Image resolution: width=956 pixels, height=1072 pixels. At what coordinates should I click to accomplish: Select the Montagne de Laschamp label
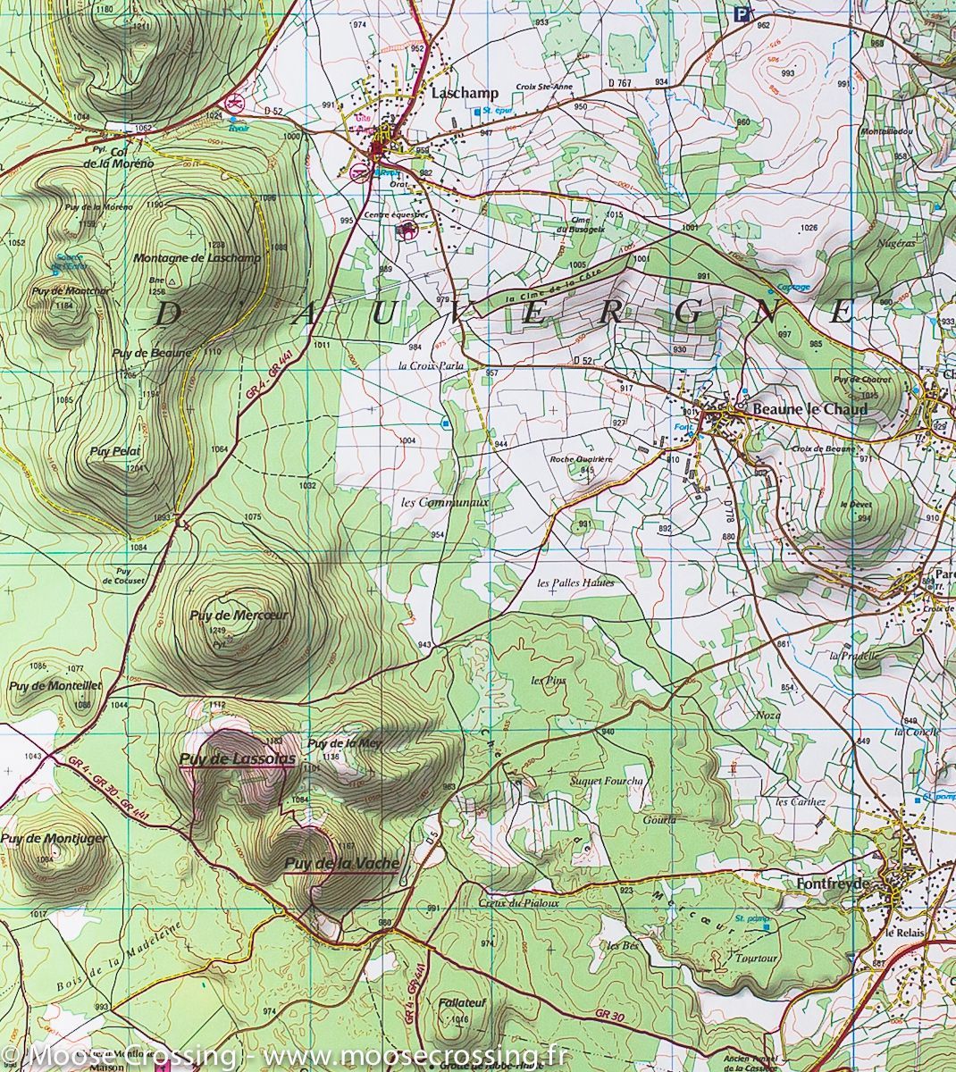coord(197,258)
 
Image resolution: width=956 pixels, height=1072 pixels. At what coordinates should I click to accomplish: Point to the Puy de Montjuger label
coord(53,839)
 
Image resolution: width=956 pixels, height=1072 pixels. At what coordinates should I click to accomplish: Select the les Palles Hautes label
coord(575,582)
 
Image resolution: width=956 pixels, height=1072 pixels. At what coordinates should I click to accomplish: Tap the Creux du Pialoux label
coord(518,902)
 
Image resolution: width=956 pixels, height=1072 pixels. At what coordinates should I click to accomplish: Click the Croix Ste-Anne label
coord(543,87)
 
